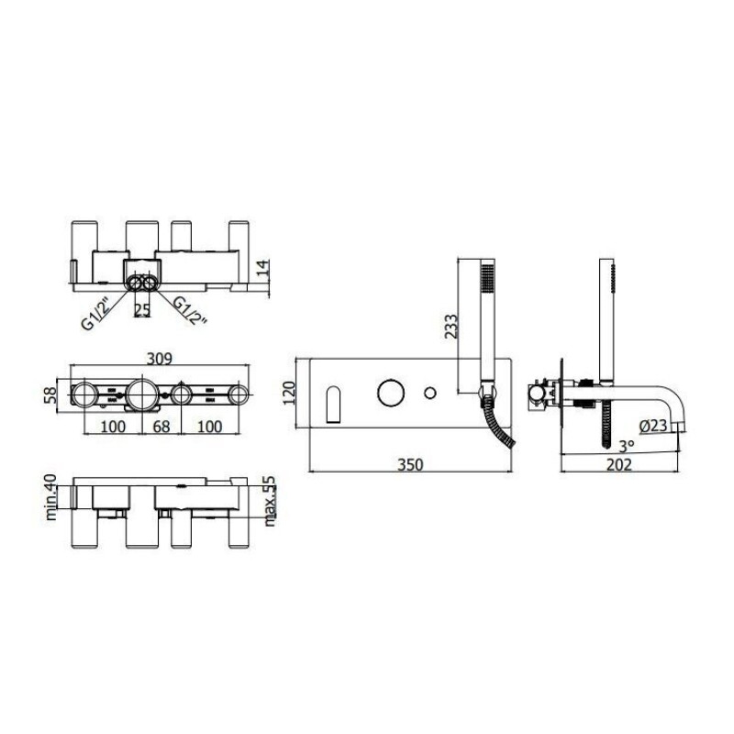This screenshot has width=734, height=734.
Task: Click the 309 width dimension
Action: point(160,359)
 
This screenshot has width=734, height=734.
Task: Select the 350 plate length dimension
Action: point(410,464)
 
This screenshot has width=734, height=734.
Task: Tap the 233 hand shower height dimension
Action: point(450,326)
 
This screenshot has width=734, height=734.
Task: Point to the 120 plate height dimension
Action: point(289,393)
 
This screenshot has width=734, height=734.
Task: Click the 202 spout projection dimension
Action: point(619,464)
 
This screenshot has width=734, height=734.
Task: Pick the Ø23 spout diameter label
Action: point(653,426)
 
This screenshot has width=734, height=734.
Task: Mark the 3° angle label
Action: point(627,446)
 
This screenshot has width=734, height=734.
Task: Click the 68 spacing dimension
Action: point(161,427)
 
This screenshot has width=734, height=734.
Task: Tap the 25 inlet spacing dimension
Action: point(142,309)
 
